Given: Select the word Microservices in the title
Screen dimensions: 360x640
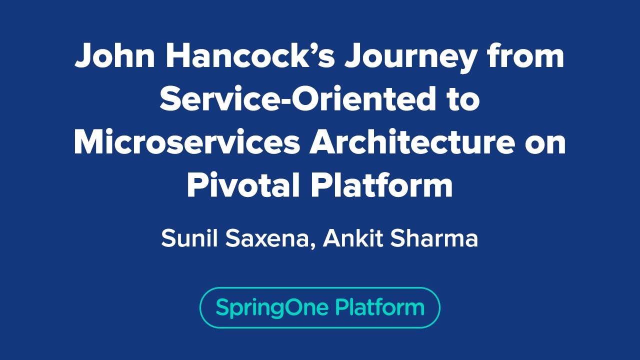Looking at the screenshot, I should (186, 142).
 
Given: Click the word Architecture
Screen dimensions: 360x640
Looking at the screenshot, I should (411, 142).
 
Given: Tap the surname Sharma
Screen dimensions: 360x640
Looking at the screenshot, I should (434, 239).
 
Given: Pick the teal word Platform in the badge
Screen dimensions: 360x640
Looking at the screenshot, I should (379, 307).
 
